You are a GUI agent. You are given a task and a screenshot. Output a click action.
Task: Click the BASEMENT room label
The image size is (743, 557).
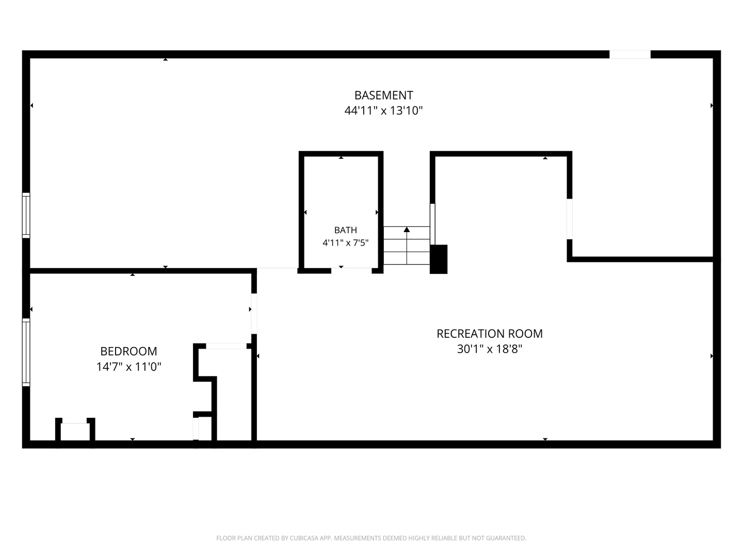383,95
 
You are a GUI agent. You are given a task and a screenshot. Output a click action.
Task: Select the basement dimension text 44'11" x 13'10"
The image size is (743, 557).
383,110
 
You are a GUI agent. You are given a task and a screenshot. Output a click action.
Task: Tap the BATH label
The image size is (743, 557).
346,230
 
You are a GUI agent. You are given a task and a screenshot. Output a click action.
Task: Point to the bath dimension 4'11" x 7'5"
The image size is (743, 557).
345,243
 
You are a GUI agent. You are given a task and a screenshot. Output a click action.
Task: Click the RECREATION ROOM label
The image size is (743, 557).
490,334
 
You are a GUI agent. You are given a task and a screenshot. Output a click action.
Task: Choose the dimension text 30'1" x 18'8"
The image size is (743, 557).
490,349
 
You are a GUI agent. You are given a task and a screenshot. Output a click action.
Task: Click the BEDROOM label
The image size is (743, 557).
128,351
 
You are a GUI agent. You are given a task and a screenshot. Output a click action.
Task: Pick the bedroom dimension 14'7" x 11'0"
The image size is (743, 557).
128,367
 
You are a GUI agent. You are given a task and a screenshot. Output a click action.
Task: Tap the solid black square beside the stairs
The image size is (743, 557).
439,259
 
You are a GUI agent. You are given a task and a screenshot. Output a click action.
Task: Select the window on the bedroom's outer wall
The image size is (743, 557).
26,352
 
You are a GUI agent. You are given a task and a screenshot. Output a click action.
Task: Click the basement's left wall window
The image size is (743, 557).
26,216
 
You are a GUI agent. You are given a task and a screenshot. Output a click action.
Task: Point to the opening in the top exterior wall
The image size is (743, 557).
630,55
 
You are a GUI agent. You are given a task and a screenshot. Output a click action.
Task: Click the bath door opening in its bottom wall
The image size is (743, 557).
351,271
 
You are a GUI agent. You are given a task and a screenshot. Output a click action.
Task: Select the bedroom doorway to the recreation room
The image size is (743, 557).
254,314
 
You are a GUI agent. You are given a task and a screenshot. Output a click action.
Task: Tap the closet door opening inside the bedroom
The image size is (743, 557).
226,346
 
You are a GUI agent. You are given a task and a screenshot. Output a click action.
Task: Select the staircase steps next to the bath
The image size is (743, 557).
407,245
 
